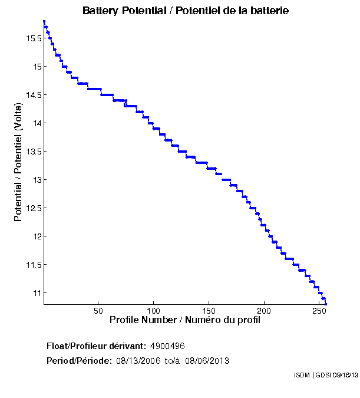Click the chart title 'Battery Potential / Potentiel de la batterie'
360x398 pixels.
[185, 11]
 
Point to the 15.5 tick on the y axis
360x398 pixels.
[34, 38]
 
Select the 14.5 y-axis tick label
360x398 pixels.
[34, 95]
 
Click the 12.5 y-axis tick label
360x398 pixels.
[34, 208]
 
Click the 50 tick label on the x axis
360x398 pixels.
[98, 311]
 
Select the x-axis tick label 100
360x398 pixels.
[153, 311]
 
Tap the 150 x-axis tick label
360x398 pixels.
[209, 311]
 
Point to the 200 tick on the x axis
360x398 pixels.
[264, 311]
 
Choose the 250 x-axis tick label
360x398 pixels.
[319, 311]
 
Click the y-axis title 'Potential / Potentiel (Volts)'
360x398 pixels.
[18, 162]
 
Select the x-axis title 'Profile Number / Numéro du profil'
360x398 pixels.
[185, 320]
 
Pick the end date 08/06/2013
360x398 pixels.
[207, 361]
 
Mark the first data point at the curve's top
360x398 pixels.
[44, 21]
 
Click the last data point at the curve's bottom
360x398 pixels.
[326, 304]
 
